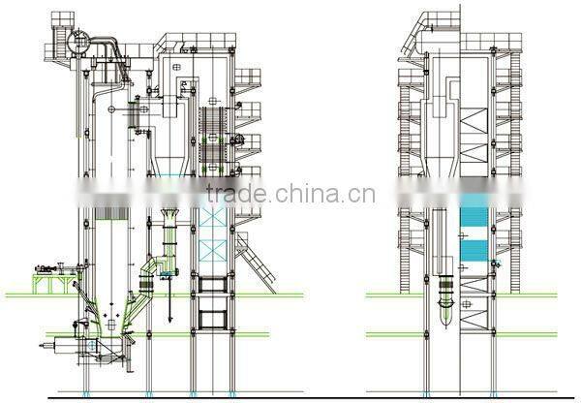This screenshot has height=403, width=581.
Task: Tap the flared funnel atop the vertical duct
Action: point(168,215)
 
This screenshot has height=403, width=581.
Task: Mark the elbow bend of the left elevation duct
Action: point(146,271)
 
